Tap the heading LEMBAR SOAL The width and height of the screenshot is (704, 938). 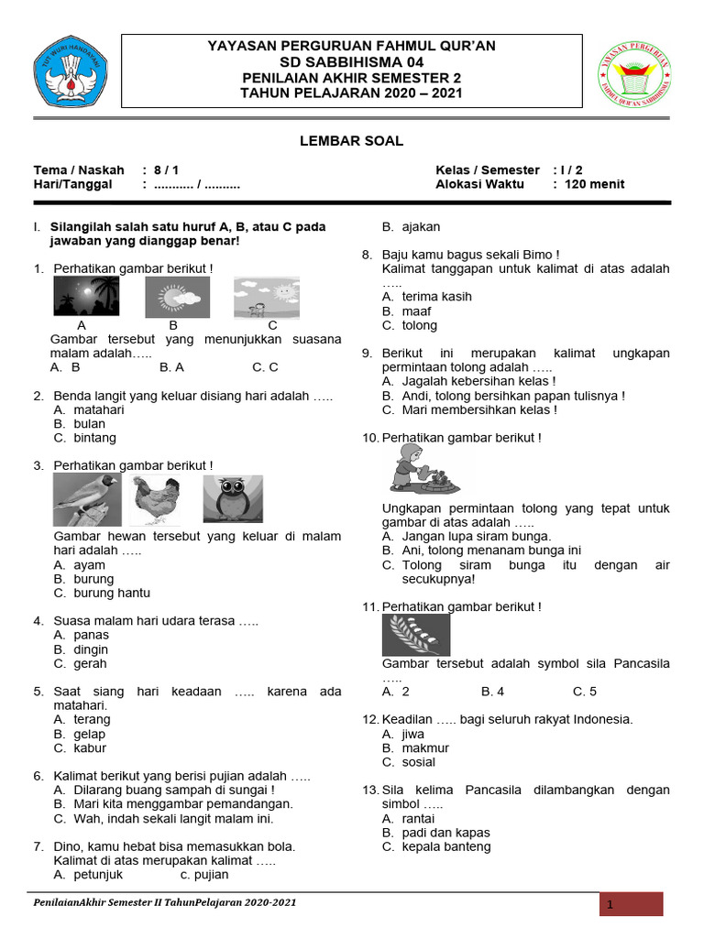click(x=352, y=141)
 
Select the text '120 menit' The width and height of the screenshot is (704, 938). click(x=595, y=184)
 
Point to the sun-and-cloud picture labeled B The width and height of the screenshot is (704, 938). click(x=177, y=297)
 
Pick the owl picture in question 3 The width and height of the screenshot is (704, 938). click(x=232, y=499)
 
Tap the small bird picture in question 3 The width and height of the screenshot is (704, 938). click(x=86, y=500)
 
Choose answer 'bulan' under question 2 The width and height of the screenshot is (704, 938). click(x=90, y=424)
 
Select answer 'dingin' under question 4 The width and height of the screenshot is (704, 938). click(x=91, y=649)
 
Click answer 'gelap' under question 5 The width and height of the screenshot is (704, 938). click(x=90, y=734)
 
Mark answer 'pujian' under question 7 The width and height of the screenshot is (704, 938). click(x=212, y=875)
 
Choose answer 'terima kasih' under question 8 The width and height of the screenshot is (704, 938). click(x=437, y=297)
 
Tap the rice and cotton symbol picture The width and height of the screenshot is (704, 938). click(x=416, y=635)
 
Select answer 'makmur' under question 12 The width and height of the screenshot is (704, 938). click(x=425, y=748)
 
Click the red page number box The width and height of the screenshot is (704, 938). click(x=631, y=905)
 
